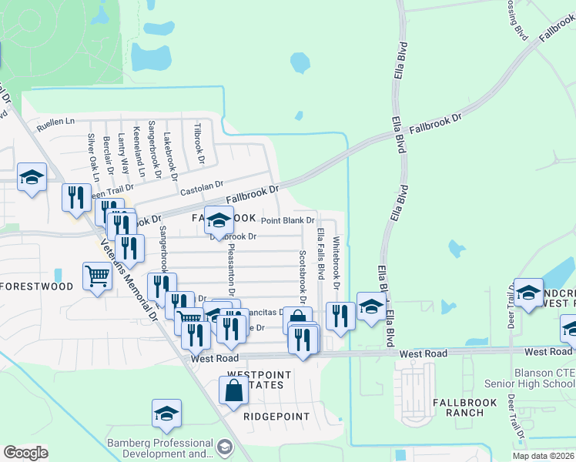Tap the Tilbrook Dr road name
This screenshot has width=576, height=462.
[x=199, y=143]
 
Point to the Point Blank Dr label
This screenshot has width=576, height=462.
[x=288, y=220]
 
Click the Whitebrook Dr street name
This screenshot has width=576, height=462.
[x=337, y=263]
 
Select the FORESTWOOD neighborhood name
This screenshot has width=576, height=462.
[x=37, y=286]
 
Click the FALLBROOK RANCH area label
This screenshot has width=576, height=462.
[x=468, y=407]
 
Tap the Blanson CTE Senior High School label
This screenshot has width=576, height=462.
[x=530, y=378]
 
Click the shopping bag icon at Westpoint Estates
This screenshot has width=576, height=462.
[x=233, y=389]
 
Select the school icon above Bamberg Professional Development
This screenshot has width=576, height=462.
[x=166, y=414]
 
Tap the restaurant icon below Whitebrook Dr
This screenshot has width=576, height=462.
[x=340, y=315]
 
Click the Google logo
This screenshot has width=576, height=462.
[x=26, y=453]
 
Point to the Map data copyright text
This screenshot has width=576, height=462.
[x=543, y=456]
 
